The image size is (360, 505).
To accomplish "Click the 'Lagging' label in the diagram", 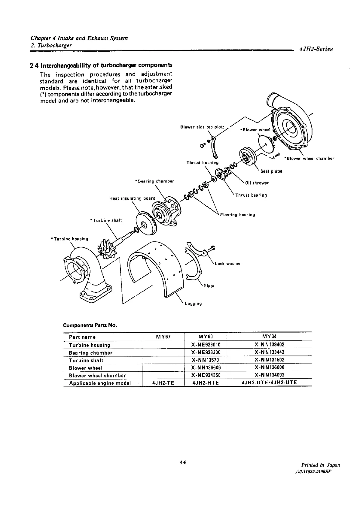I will coord(193,304).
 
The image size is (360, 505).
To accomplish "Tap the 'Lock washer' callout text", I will coord(228,264).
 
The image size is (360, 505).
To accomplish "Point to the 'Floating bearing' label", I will coord(237,215).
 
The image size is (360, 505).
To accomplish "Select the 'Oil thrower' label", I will coord(257,183).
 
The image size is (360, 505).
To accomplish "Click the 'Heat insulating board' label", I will coord(132,198).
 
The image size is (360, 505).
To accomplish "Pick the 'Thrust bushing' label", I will coord(202,163).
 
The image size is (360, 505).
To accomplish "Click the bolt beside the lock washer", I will coord(212,248).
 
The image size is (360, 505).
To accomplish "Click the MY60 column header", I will coord(206,337).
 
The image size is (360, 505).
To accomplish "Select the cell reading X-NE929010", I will coord(206,345).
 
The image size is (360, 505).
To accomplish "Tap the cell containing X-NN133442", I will coord(269,352).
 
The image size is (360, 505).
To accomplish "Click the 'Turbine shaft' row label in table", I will coord(86,360).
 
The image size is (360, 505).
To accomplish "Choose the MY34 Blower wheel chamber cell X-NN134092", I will coord(269,375).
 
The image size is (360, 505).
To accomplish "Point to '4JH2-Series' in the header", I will coord(316,49).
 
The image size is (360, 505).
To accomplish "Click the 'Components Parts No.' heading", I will coord(90,325).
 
